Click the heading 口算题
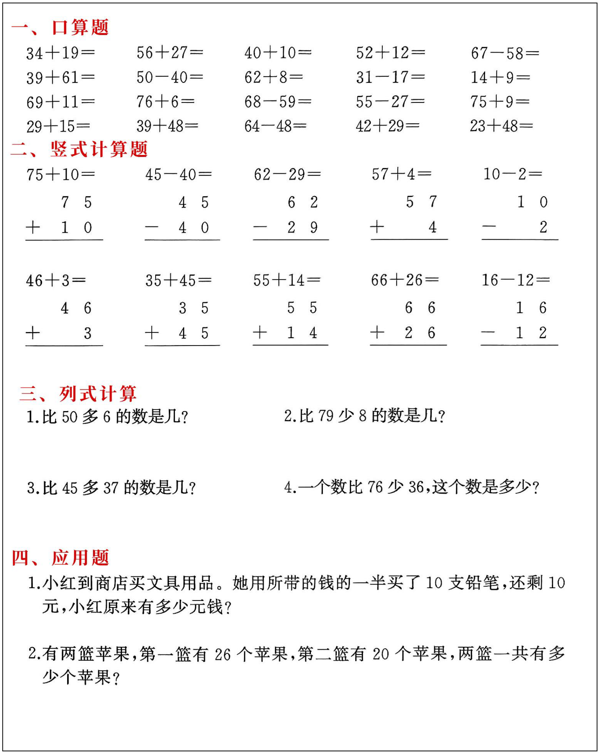click(80, 28)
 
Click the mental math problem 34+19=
click(60, 53)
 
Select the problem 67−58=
click(505, 53)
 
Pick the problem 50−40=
click(169, 77)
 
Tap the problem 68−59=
click(278, 102)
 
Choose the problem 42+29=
click(388, 126)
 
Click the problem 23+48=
click(501, 126)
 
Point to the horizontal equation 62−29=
click(287, 174)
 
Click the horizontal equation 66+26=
click(405, 280)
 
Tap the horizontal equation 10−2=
click(512, 174)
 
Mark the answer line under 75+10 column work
click(64, 240)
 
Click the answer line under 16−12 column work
click(519, 345)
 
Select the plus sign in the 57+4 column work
click(377, 227)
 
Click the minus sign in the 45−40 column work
click(152, 227)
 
